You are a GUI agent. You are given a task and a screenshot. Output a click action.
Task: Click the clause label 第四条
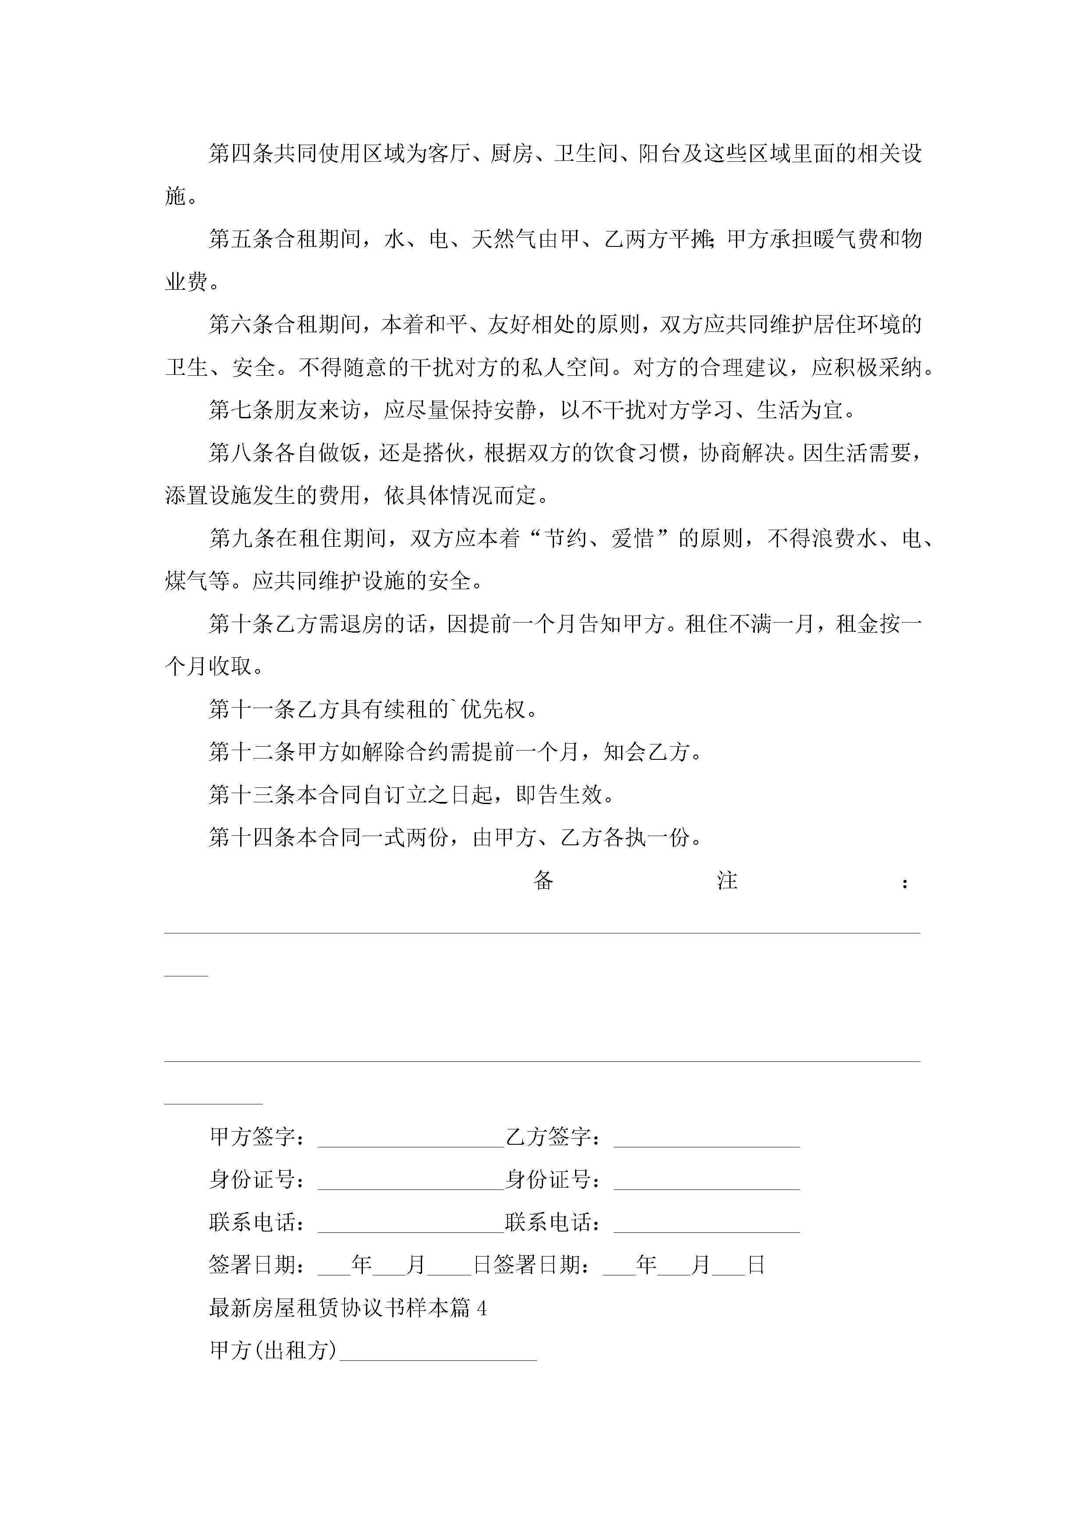[241, 154]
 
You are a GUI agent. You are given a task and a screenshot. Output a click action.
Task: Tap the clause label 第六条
[241, 325]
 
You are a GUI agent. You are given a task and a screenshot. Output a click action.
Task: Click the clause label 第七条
[241, 410]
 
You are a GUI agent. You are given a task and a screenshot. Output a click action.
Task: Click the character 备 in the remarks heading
[543, 880]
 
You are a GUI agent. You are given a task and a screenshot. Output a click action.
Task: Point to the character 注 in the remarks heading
[727, 880]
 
